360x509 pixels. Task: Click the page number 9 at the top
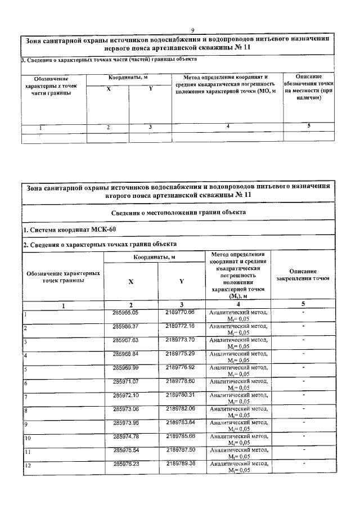192,30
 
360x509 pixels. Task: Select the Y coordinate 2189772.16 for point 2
180,326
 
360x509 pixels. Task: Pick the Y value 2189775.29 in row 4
180,353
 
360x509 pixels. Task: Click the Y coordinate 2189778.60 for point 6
180,381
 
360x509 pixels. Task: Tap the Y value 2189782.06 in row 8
180,408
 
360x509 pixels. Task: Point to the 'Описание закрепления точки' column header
303,275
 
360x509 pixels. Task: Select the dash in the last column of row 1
303,311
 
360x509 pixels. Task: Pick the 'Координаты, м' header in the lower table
154,257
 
